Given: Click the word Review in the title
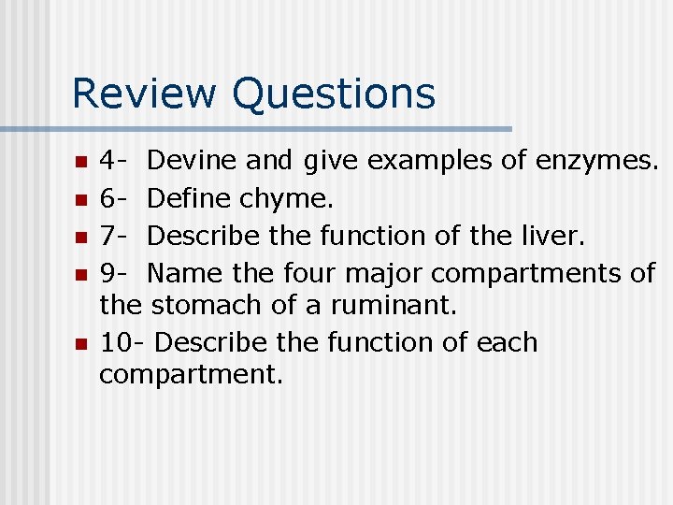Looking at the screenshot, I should tap(145, 94).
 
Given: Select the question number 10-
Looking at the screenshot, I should tap(121, 342).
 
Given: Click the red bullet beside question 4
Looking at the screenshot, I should tap(80, 162).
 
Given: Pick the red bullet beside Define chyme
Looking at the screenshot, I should tap(80, 199).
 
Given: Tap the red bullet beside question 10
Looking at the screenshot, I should tap(80, 343).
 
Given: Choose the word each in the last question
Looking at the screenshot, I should tap(508, 342).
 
